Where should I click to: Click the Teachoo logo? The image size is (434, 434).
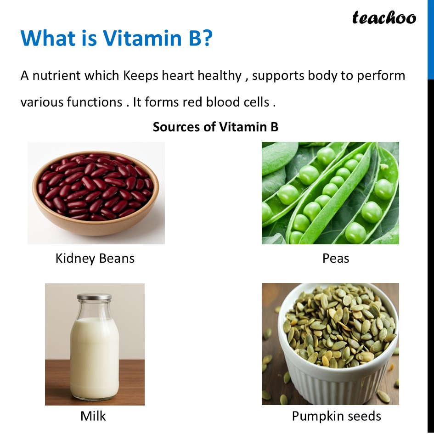pyautogui.click(x=384, y=18)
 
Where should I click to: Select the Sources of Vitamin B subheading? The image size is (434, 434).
pyautogui.click(x=215, y=127)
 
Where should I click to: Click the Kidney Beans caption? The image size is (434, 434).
pyautogui.click(x=95, y=259)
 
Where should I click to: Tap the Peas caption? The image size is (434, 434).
pyautogui.click(x=336, y=259)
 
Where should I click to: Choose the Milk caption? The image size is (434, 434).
pyautogui.click(x=93, y=416)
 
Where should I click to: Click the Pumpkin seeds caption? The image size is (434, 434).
pyautogui.click(x=336, y=416)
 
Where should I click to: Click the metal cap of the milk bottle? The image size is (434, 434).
pyautogui.click(x=94, y=298)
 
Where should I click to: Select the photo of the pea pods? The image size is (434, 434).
pyautogui.click(x=330, y=193)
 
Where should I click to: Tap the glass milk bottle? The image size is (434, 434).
pyautogui.click(x=95, y=349)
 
